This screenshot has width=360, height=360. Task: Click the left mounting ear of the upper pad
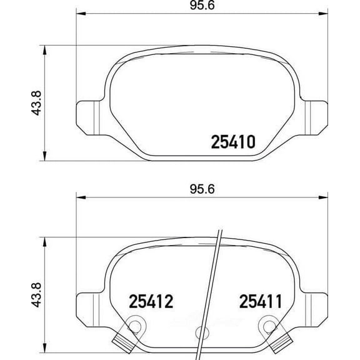coord(86,117)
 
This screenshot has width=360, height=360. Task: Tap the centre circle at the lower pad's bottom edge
coord(201,333)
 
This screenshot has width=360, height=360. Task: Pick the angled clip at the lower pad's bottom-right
coord(277,342)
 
